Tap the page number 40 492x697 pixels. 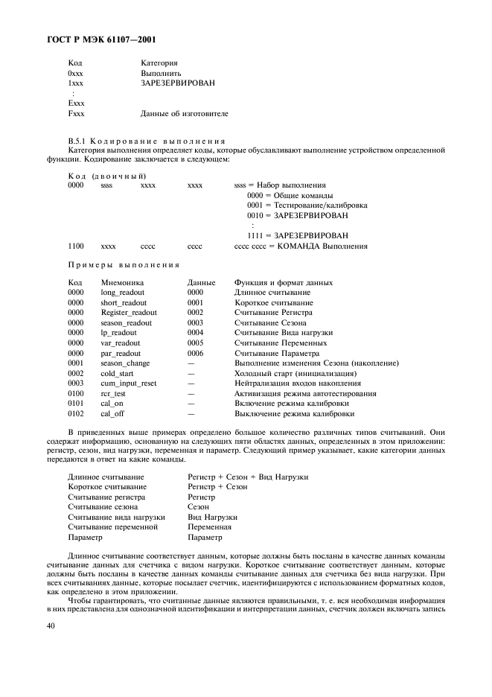(x=72, y=628)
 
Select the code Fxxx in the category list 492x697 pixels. (x=76, y=114)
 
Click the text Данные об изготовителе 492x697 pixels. (x=185, y=114)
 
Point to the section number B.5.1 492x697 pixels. (x=78, y=141)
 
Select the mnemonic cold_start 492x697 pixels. (x=118, y=373)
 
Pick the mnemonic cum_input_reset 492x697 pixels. (x=129, y=383)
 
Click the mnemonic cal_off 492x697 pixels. (x=114, y=413)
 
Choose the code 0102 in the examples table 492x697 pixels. (x=75, y=413)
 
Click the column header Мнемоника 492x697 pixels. (x=122, y=283)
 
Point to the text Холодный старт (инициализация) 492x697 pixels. (x=295, y=373)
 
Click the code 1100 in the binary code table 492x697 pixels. (x=75, y=246)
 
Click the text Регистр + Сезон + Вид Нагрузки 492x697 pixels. (x=248, y=477)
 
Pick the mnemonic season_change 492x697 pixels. (x=125, y=363)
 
